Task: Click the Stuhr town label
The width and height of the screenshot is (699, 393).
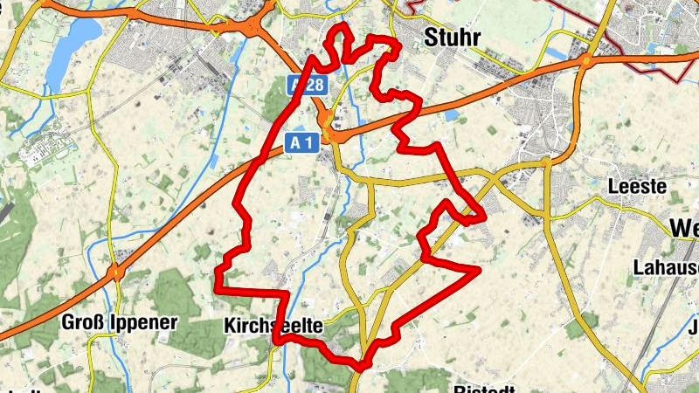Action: point(453,36)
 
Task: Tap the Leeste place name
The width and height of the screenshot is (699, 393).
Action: point(636,187)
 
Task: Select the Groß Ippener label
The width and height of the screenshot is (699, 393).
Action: point(119,322)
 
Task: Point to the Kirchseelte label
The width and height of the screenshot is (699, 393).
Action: point(273,326)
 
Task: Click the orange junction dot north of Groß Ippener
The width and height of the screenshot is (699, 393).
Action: point(115,273)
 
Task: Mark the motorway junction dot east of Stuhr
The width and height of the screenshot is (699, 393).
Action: point(586,60)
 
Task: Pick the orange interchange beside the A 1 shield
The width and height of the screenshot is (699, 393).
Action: point(333,131)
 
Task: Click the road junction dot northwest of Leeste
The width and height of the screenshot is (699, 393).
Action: point(547,162)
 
